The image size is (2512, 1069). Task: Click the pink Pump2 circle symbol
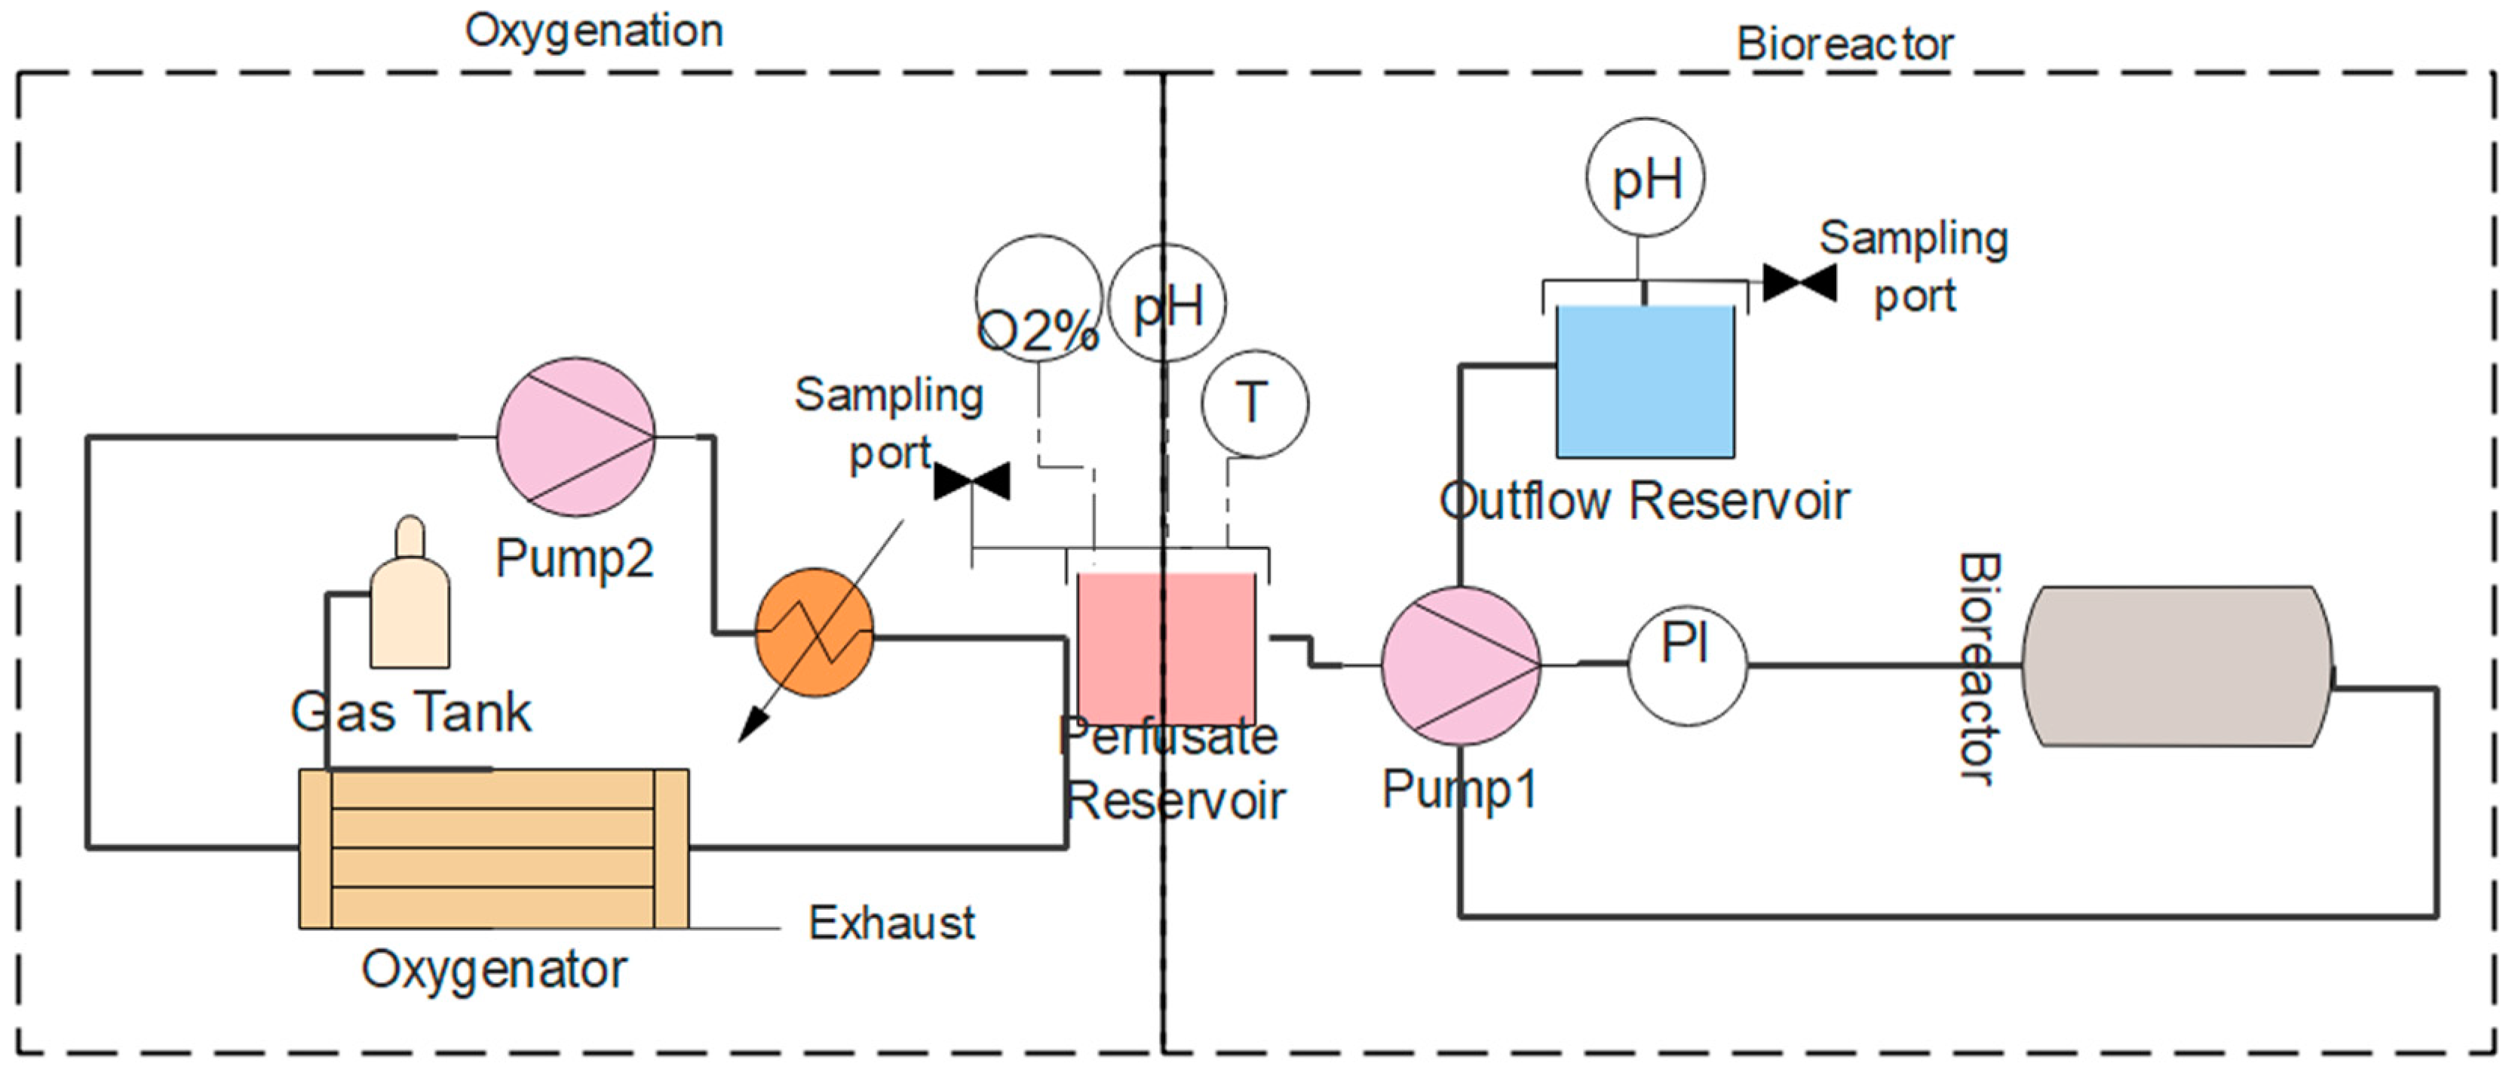click(575, 436)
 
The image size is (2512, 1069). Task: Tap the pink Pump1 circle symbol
click(1460, 665)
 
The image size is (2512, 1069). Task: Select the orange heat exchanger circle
click(814, 632)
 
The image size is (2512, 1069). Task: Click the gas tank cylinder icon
click(410, 600)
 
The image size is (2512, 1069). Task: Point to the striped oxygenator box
click(493, 848)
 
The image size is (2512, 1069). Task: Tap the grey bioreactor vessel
click(2176, 666)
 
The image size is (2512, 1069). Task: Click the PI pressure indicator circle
click(1687, 665)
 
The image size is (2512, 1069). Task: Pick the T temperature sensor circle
click(1254, 404)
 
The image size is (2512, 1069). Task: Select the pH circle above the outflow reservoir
click(1645, 177)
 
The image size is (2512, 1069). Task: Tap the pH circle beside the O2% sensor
click(1167, 303)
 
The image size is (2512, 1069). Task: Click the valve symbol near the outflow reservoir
click(1799, 283)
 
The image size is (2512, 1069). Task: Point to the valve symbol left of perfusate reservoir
click(971, 481)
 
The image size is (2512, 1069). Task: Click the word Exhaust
click(891, 923)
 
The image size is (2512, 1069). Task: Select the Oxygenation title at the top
click(593, 31)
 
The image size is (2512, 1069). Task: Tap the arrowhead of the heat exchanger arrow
click(751, 727)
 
